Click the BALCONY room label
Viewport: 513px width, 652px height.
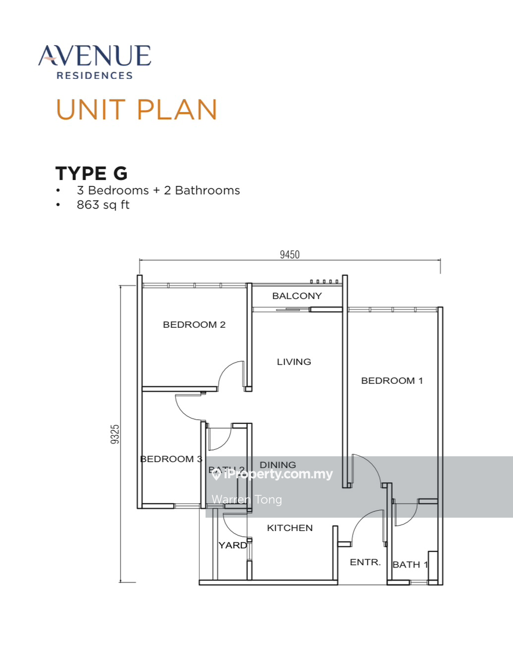(x=296, y=296)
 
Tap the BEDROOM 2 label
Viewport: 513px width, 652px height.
(x=194, y=325)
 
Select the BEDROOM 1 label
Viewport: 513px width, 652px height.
(x=392, y=380)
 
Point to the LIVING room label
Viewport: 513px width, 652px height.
(x=294, y=362)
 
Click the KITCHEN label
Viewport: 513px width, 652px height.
(x=290, y=528)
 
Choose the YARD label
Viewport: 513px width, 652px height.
(x=232, y=545)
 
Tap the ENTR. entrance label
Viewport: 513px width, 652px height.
(x=365, y=562)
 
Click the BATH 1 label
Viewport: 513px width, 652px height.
(x=410, y=565)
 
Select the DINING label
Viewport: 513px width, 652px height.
(x=277, y=464)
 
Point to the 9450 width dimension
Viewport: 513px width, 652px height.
(x=290, y=255)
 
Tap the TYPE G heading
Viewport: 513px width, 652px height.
(x=91, y=173)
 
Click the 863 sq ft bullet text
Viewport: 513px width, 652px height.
(x=103, y=204)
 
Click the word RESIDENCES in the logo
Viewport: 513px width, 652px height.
(x=94, y=75)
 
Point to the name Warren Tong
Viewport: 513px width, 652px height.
(x=247, y=499)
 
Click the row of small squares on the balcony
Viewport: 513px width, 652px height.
(x=324, y=281)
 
